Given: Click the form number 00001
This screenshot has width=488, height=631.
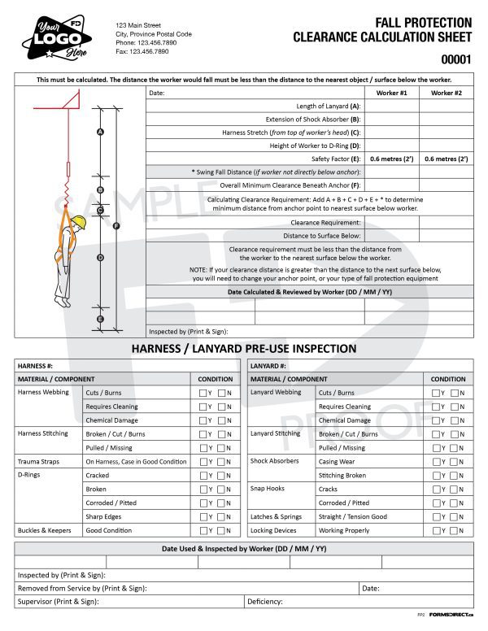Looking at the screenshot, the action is click(x=455, y=59).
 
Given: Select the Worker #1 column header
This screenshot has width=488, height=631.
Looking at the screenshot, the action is click(x=391, y=93).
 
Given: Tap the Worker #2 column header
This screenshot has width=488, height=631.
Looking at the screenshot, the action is click(x=446, y=93).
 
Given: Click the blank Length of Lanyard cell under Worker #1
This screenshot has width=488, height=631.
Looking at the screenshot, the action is click(x=391, y=106).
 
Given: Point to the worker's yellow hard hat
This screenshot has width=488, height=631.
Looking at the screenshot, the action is click(x=79, y=223).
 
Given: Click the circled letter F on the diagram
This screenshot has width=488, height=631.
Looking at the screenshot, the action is click(x=117, y=225).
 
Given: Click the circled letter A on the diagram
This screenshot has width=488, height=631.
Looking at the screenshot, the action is click(x=100, y=132).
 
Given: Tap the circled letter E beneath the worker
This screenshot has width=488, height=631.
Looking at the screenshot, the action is click(x=100, y=320).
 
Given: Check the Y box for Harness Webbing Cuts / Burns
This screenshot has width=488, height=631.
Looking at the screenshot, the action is click(x=203, y=393).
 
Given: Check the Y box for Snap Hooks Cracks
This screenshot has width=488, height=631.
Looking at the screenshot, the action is click(x=436, y=490).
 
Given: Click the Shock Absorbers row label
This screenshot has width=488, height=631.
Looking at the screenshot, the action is click(x=274, y=462).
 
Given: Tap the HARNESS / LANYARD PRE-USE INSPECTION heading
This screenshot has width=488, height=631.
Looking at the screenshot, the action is click(x=243, y=349).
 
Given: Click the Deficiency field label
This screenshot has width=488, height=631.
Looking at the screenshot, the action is click(x=265, y=602).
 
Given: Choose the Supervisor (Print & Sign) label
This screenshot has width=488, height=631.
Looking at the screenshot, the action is click(x=58, y=602).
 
